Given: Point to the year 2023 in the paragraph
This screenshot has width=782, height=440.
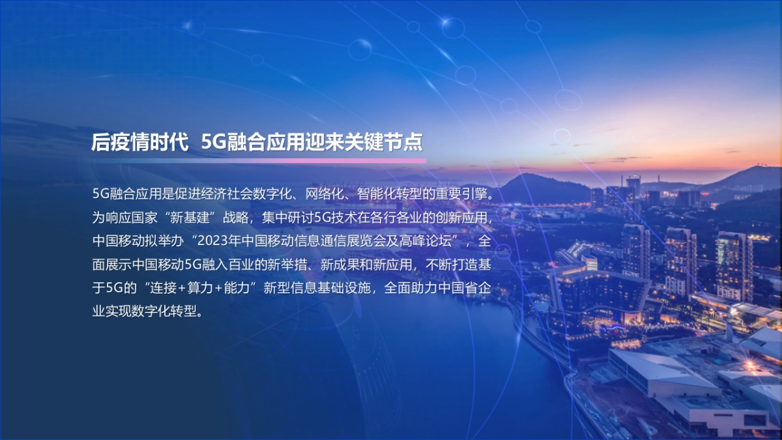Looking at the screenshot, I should pos(210,241).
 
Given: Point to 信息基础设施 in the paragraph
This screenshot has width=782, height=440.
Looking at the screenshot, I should pos(332,287).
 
